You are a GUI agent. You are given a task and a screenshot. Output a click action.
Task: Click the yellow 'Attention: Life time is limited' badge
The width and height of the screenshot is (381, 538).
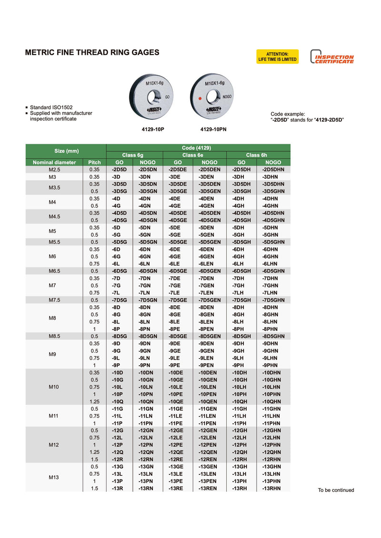click(277, 57)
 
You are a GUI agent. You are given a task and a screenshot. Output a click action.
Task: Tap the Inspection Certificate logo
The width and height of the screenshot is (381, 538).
click(332, 57)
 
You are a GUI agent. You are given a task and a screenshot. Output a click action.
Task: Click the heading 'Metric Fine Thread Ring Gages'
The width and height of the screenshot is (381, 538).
click(92, 52)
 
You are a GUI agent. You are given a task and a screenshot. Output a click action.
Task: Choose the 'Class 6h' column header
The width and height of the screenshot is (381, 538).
click(258, 155)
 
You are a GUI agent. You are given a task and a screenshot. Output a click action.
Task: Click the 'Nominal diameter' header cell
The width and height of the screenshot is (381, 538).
click(54, 162)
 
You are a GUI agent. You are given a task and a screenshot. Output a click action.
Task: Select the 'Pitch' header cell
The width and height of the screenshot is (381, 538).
click(94, 162)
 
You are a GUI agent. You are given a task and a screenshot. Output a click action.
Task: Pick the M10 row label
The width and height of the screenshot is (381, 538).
click(54, 387)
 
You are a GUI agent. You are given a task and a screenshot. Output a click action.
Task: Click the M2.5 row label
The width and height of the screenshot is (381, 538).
click(54, 169)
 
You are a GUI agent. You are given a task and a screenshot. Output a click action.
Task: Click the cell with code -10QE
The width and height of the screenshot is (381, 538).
click(177, 401)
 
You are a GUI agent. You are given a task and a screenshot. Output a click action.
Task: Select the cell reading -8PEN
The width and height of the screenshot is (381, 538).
click(209, 329)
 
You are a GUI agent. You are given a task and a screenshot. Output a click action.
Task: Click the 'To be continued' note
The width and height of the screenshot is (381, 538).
click(336, 490)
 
